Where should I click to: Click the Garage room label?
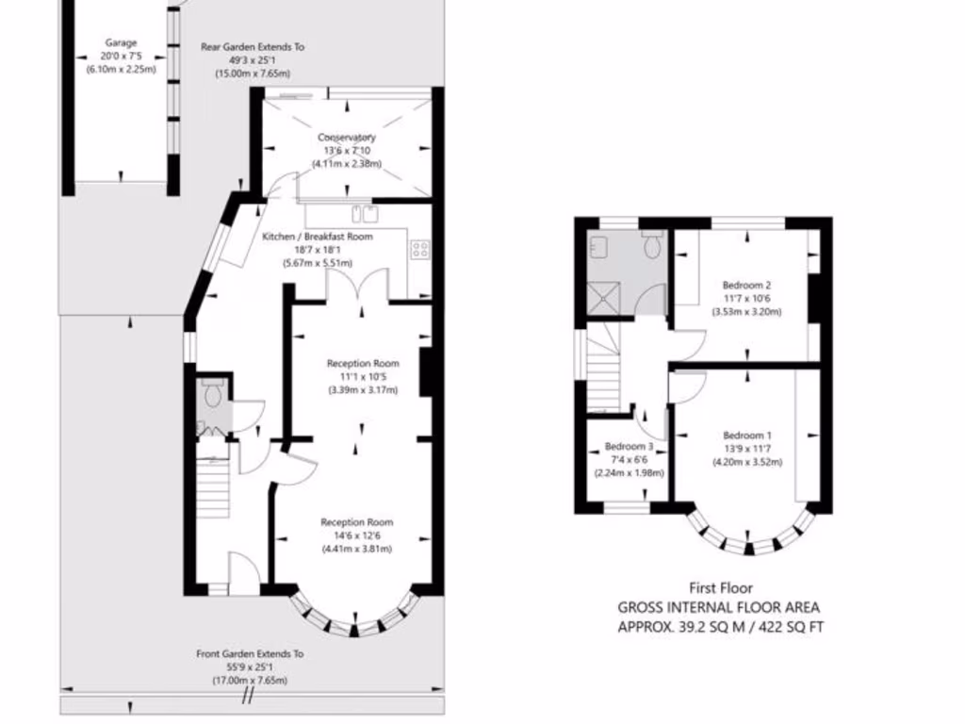coord(121,42)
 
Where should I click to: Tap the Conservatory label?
coord(346,138)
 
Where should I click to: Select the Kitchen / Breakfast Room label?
coord(318,237)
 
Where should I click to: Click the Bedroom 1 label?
coord(747,435)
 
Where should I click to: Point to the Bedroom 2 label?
coord(747,285)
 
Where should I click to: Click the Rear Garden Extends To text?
coord(253,46)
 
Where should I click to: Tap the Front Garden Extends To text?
coord(250,653)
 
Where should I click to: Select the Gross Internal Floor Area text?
coord(718,608)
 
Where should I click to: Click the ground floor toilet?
coord(212,393)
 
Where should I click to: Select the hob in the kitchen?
coord(419,250)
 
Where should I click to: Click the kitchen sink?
coord(362,213)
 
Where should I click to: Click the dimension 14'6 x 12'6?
coord(356,535)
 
